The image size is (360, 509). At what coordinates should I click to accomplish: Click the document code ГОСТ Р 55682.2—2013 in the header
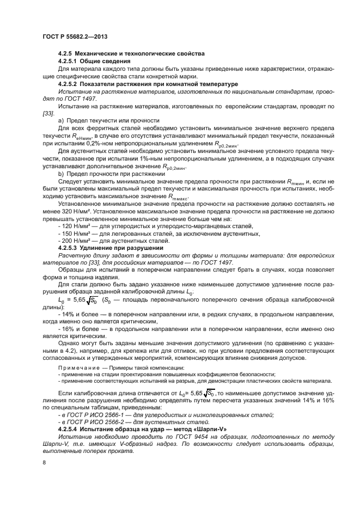[74, 36]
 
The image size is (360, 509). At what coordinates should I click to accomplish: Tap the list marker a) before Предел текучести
[61, 119]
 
